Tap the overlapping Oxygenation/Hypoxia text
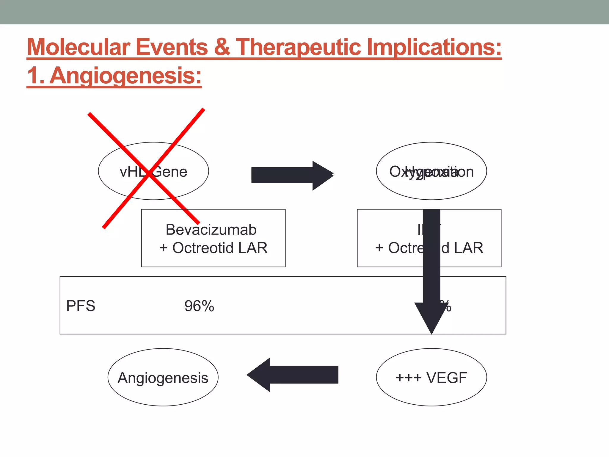coord(431,172)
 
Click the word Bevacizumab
coord(211,230)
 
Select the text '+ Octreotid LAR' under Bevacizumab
coord(213,248)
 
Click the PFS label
coord(81,306)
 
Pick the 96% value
coord(199,306)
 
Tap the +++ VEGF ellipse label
coord(431,378)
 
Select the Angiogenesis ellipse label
coord(163,378)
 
